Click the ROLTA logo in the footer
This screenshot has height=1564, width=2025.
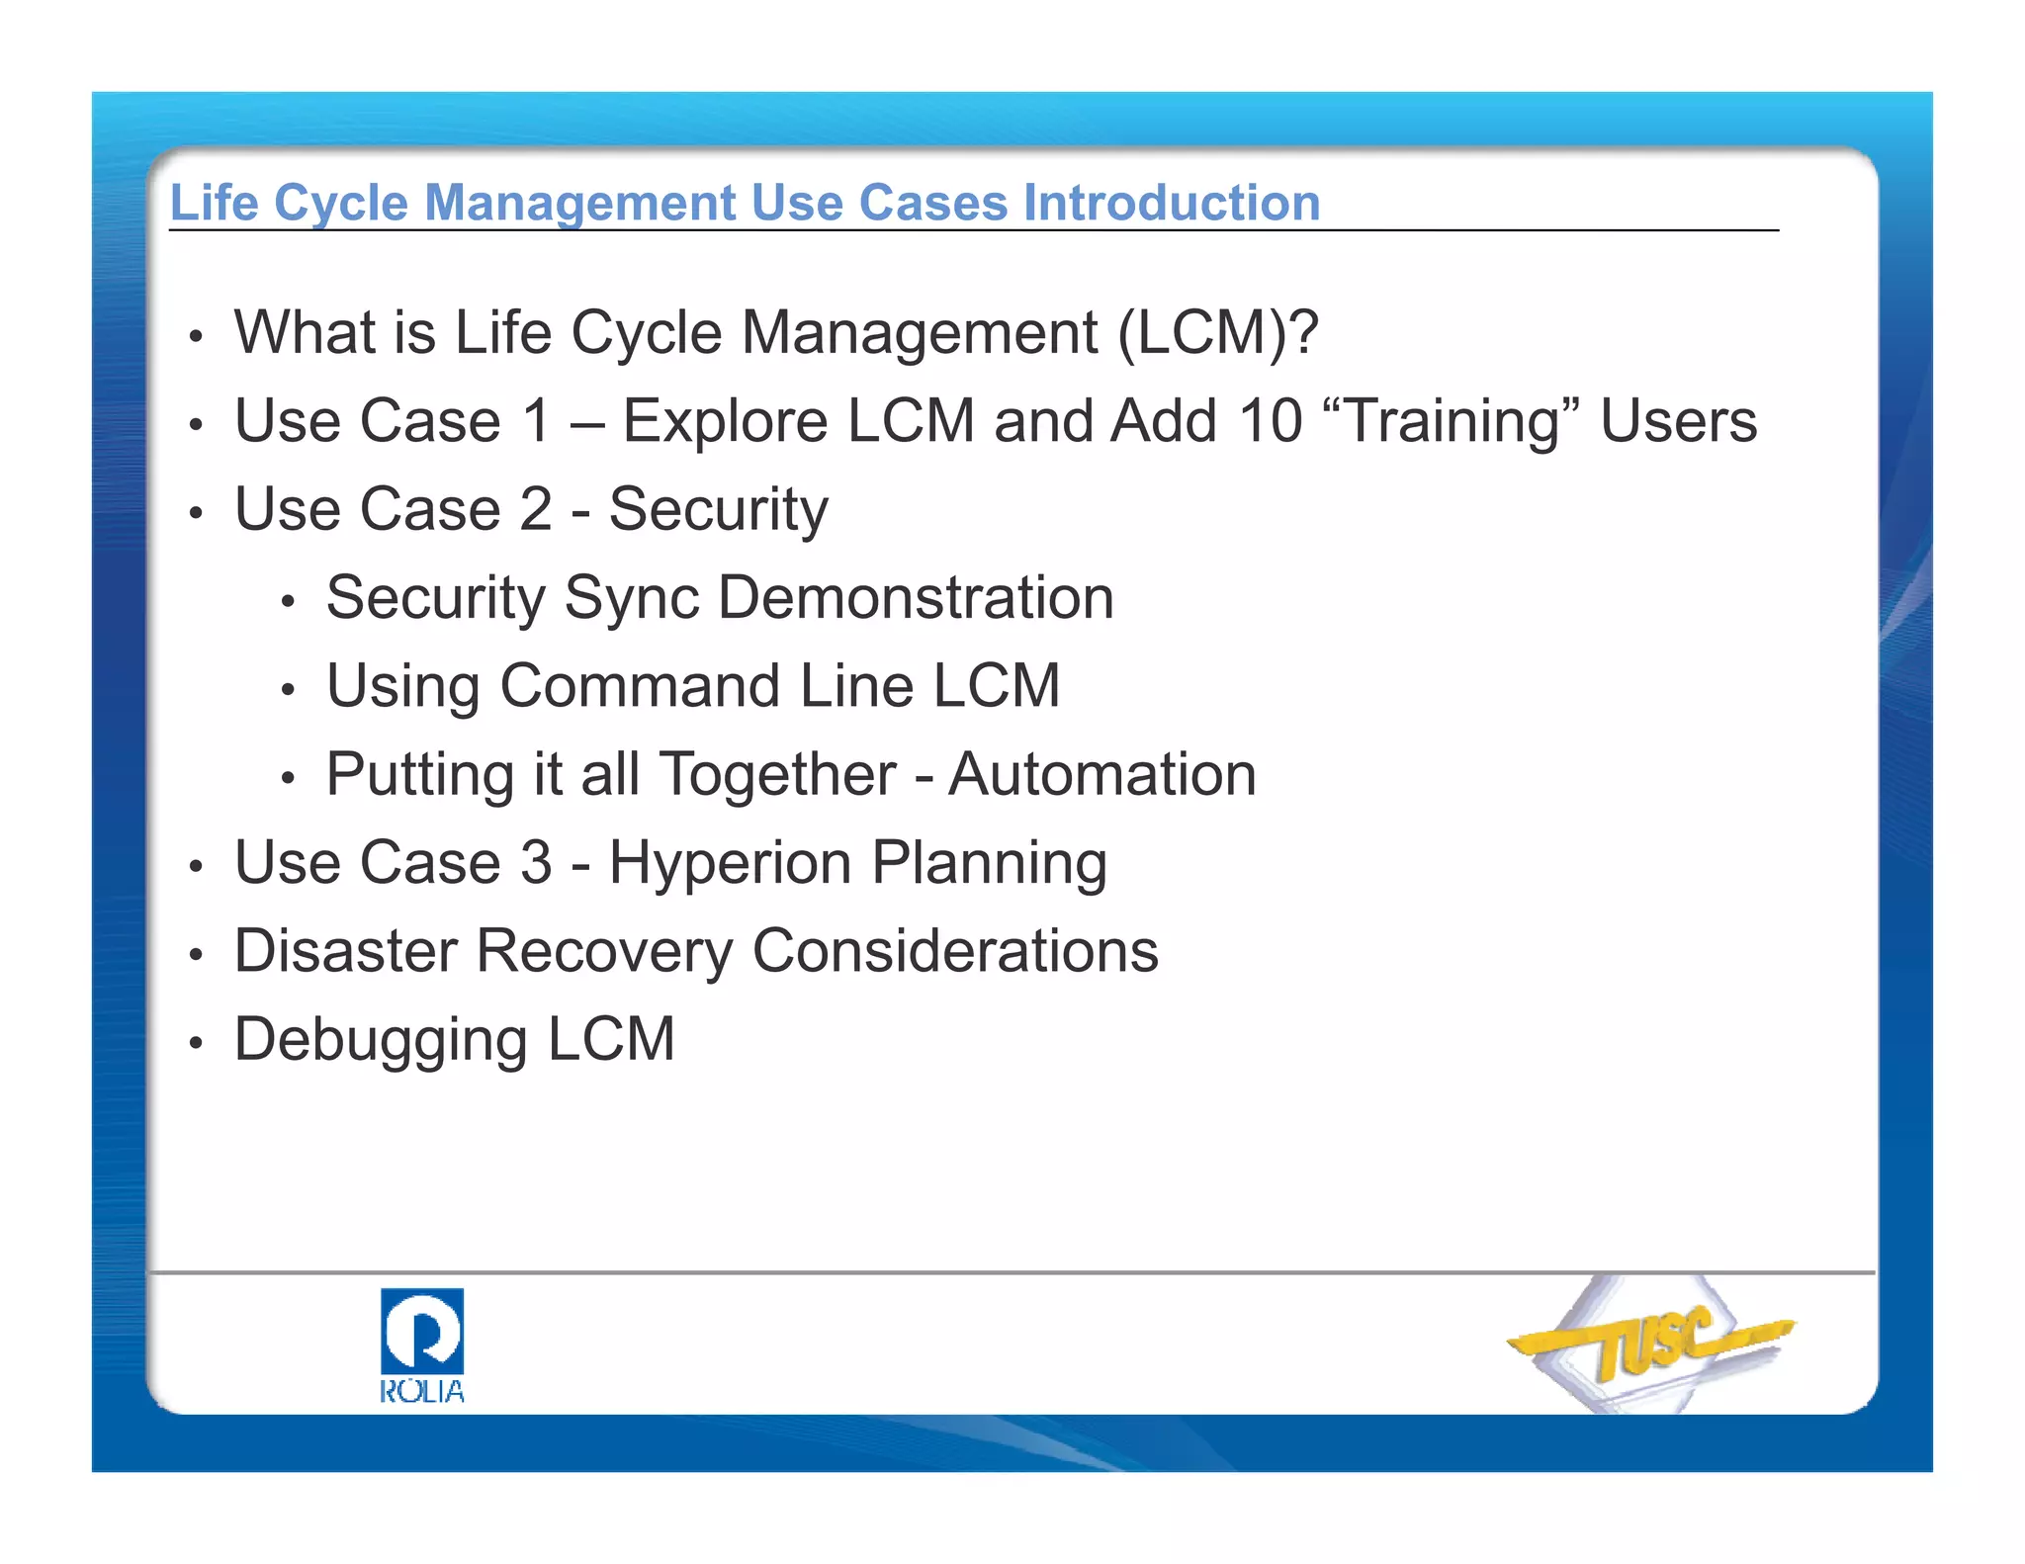(422, 1345)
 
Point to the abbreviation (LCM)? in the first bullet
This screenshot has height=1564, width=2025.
(1218, 332)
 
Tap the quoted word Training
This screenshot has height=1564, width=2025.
(1451, 421)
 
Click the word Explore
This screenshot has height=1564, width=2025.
(725, 421)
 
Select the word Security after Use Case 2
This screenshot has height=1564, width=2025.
(719, 510)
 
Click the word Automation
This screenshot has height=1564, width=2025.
(1102, 774)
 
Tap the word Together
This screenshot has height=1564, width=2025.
(778, 774)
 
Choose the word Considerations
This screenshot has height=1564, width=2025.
(955, 951)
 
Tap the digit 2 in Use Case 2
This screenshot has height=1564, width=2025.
(536, 510)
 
